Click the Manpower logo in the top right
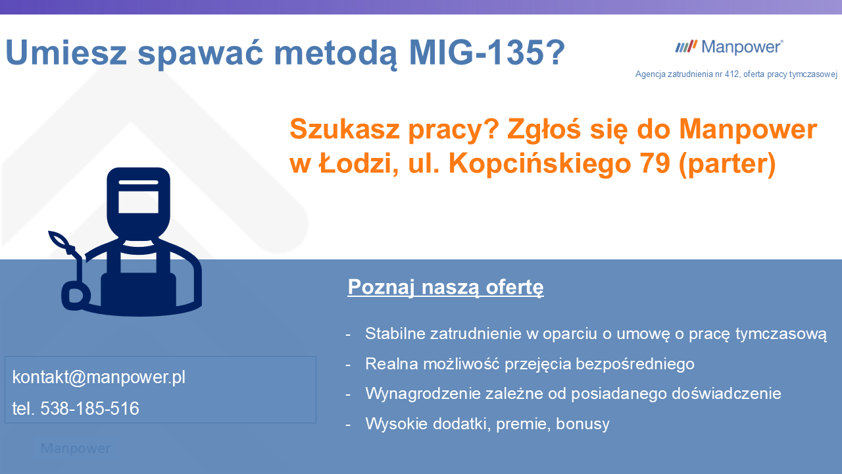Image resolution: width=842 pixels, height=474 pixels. (729, 47)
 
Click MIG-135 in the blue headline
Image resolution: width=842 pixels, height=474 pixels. (487, 53)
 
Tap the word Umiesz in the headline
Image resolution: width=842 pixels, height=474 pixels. (66, 53)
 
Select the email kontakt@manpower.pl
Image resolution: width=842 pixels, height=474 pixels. (99, 377)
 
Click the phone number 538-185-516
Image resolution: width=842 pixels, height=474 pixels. (89, 409)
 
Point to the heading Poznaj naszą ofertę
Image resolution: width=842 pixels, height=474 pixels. (445, 288)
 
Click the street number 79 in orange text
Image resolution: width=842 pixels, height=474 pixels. (653, 164)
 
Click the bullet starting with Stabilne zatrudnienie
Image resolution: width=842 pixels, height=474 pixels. (595, 334)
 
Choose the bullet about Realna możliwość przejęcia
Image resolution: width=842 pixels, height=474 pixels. (530, 364)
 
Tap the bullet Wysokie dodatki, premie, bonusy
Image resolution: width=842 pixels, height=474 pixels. (487, 424)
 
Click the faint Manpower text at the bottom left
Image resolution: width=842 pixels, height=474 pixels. (76, 449)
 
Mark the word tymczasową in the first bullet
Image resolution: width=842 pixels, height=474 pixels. (780, 334)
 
